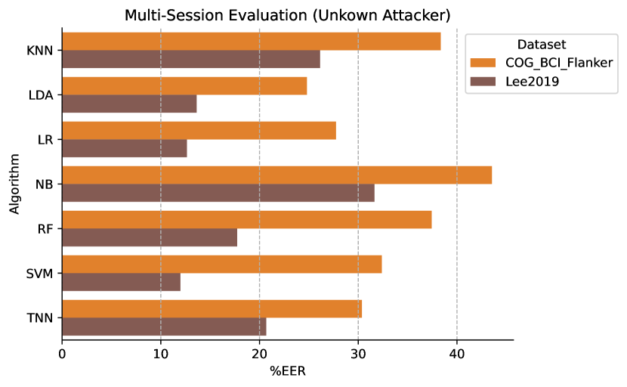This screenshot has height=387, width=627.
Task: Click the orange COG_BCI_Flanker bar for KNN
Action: point(252,42)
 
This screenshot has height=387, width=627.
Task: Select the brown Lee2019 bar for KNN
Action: point(191,59)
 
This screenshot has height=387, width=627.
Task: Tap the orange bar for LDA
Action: point(185,86)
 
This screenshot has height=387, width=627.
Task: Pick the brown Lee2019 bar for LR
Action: point(125,148)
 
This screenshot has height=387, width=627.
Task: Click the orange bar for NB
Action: point(277,175)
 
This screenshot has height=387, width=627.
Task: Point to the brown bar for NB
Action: point(218,193)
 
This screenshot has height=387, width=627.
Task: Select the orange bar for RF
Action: point(247,220)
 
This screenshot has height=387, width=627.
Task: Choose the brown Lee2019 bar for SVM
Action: point(121,282)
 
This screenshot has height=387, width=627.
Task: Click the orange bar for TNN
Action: point(212,309)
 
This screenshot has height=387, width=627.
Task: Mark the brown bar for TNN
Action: point(165,327)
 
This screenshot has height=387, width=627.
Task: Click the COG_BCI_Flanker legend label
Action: point(559,63)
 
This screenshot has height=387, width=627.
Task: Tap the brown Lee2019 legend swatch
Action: point(483,82)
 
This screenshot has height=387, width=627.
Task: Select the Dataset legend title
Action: point(542,45)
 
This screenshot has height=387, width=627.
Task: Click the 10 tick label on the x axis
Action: point(161,354)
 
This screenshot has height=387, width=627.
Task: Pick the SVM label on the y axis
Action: point(39,274)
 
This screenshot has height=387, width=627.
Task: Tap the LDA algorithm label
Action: point(41,95)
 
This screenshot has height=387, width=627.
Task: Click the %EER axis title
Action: point(288,371)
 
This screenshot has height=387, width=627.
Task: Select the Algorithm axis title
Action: point(14,184)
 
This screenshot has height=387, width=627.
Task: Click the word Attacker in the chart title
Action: point(413,16)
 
